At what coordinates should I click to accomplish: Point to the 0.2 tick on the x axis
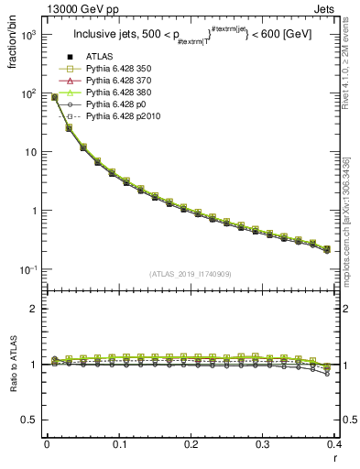(191, 444)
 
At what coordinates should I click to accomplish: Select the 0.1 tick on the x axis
(119, 444)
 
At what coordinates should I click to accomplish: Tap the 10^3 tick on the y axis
(30, 35)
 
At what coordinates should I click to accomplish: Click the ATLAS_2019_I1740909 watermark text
(191, 274)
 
